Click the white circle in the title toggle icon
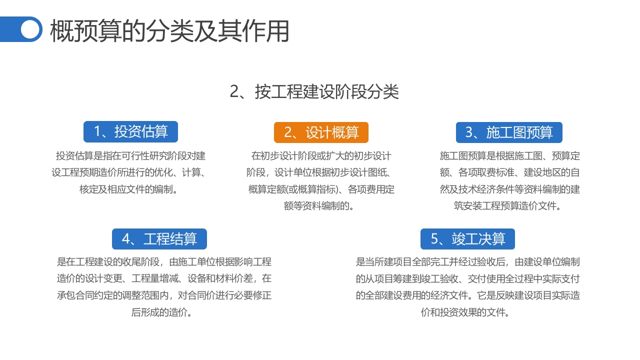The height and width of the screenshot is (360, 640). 30,29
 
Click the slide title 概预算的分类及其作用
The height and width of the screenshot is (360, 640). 170,31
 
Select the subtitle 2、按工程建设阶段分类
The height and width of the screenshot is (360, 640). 314,92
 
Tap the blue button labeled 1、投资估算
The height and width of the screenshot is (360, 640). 130,132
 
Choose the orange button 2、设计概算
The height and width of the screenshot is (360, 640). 321,132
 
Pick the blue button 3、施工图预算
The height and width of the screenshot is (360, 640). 509,132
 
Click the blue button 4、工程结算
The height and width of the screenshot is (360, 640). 159,239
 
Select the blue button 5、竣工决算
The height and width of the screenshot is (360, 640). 467,239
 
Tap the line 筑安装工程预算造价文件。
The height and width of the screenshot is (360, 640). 509,205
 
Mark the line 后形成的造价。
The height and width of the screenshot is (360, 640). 162,312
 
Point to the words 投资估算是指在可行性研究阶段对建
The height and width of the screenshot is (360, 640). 130,156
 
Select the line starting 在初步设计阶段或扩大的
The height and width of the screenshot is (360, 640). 321,156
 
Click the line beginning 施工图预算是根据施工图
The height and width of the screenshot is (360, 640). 509,156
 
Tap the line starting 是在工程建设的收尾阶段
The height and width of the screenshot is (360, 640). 164,261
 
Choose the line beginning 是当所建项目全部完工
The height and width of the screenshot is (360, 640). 467,261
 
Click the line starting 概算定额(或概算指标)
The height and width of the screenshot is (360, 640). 321,189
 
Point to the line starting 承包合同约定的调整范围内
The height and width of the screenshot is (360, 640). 164,295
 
